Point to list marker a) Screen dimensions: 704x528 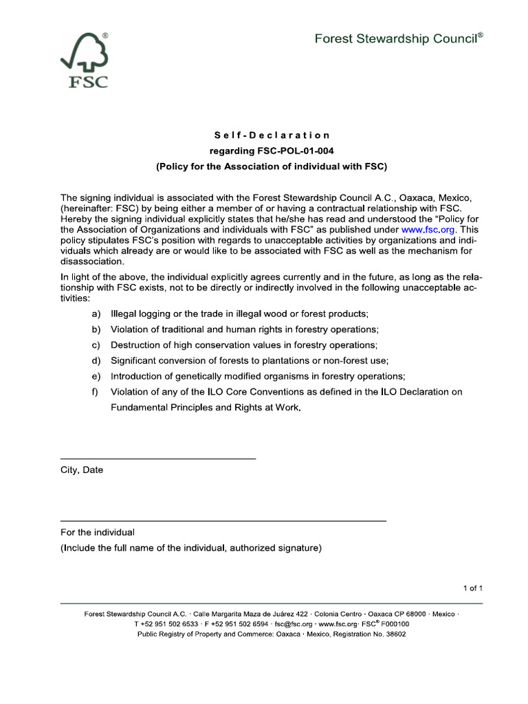click(96, 313)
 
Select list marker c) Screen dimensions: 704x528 click(96, 344)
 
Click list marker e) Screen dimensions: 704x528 click(96, 376)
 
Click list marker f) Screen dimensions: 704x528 click(95, 392)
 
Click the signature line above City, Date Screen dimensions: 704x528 click(158, 458)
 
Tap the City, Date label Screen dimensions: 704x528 click(82, 470)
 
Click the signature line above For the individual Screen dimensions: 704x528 click(223, 520)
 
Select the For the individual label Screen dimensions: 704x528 click(98, 532)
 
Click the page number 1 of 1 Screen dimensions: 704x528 click(473, 588)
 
